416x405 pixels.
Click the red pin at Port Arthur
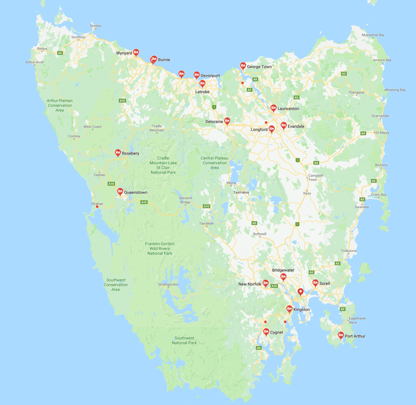point(341,335)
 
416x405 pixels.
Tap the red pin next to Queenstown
point(120,191)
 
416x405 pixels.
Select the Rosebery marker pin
point(118,153)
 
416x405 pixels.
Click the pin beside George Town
point(243,66)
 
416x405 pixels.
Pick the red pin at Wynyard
point(136,52)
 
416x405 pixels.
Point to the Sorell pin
point(315,282)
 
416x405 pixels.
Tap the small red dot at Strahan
point(97,207)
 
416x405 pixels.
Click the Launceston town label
point(288,109)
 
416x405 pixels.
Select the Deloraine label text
point(214,122)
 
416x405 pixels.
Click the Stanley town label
point(96,26)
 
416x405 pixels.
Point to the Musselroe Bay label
point(373,35)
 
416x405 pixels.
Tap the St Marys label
point(382,133)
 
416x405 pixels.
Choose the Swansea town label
point(362,207)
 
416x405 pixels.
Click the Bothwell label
point(260,234)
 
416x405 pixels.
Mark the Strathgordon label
point(168,284)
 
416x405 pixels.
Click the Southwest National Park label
point(184,340)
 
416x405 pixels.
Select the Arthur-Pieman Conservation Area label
point(60,105)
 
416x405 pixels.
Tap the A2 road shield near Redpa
point(60,53)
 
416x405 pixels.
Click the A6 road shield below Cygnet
point(259,348)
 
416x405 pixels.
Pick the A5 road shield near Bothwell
point(254,223)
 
